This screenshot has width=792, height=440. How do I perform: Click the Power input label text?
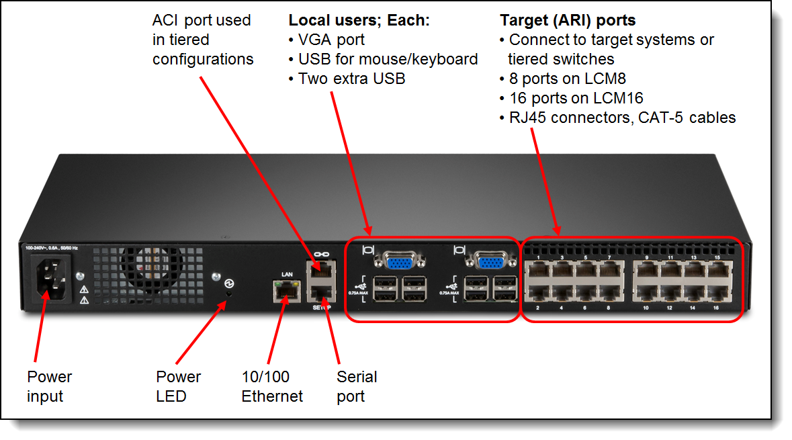pyautogui.click(x=49, y=386)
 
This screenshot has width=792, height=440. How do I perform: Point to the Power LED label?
pyautogui.click(x=178, y=386)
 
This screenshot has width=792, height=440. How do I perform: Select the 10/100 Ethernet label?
pyautogui.click(x=272, y=386)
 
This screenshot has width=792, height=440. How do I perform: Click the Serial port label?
pyautogui.click(x=357, y=386)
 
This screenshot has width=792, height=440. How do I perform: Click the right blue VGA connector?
pyautogui.click(x=491, y=259)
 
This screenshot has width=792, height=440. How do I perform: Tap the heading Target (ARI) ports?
pyautogui.click(x=567, y=20)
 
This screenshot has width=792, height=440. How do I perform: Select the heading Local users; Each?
pyautogui.click(x=359, y=20)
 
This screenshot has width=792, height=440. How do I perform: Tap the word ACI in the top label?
pyautogui.click(x=166, y=20)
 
